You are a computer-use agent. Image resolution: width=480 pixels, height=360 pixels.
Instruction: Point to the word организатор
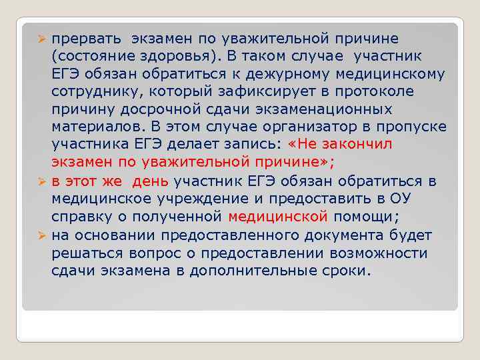[x=311, y=127]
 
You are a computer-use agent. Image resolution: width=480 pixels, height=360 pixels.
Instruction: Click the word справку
[x=81, y=217]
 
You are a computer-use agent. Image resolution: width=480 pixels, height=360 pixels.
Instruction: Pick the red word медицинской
[x=278, y=217]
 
